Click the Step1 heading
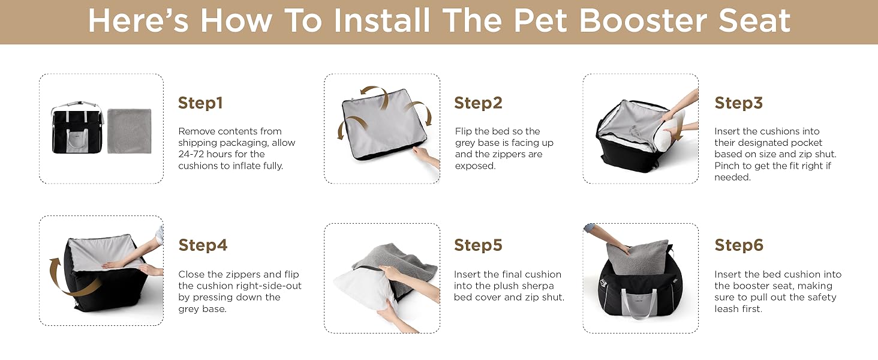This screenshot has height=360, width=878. coord(200,103)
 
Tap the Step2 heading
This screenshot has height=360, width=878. coord(478,103)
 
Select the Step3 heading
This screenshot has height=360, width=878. coord(738,103)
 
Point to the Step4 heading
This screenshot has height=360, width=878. coord(203,245)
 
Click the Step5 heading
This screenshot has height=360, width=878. coord(478,245)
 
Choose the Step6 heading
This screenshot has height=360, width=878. coord(739,245)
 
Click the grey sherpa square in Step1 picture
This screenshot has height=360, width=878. coord(130,131)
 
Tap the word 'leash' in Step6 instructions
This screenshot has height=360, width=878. coord(726,308)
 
